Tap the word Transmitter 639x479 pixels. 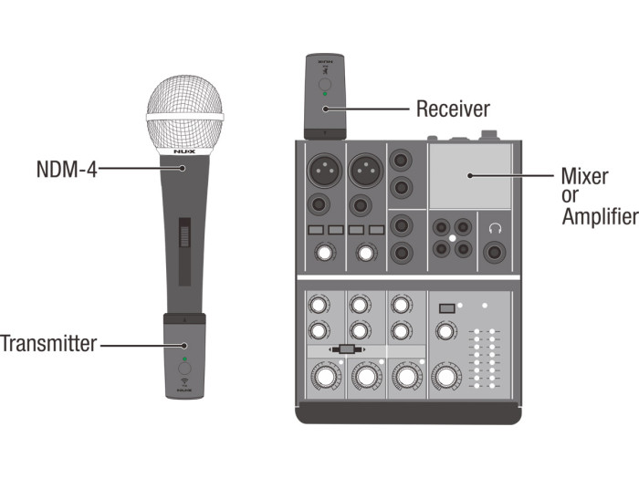pyautogui.click(x=47, y=344)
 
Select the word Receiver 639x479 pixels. pyautogui.click(x=453, y=109)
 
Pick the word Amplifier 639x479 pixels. pyautogui.click(x=598, y=216)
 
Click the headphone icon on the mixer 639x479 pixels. pyautogui.click(x=496, y=227)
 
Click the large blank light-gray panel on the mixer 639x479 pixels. pyautogui.click(x=470, y=176)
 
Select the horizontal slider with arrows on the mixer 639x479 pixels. pyautogui.click(x=346, y=349)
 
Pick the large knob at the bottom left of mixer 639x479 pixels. pyautogui.click(x=321, y=375)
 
